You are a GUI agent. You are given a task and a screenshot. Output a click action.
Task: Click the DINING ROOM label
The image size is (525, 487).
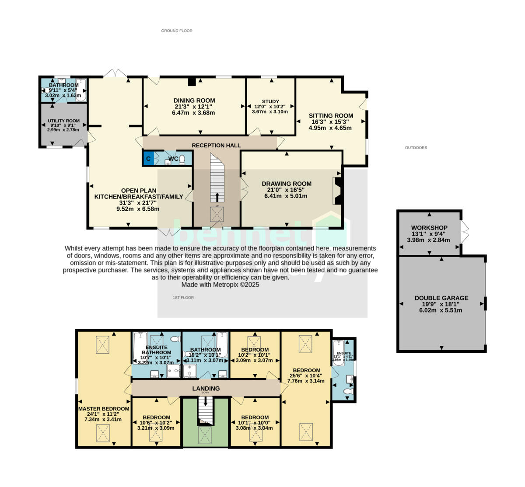pyautogui.click(x=194, y=101)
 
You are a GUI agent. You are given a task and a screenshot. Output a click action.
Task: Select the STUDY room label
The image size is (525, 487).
pyautogui.click(x=270, y=101)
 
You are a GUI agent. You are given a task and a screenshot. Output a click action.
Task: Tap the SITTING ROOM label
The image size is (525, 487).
pyautogui.click(x=331, y=116)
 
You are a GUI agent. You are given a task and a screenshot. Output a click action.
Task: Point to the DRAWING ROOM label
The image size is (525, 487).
pyautogui.click(x=287, y=184)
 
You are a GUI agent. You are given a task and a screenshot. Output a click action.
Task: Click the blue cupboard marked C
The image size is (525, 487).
pyautogui.click(x=148, y=159)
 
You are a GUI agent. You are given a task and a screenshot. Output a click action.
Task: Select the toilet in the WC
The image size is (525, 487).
pyautogui.click(x=182, y=160)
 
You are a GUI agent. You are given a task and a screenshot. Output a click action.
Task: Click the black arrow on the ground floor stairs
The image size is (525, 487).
pyautogui.click(x=217, y=196)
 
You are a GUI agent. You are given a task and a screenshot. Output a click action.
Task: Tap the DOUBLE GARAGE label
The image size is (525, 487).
pyautogui.click(x=441, y=298)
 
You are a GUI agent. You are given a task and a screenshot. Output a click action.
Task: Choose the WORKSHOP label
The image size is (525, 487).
pyautogui.click(x=429, y=228)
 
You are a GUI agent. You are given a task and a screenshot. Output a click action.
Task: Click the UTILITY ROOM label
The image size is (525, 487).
pyautogui.click(x=64, y=121)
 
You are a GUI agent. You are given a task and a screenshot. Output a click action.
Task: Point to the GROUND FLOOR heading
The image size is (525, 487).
pyautogui.click(x=177, y=31)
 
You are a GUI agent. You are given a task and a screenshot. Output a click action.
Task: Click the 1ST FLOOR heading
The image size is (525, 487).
pyautogui.click(x=183, y=298)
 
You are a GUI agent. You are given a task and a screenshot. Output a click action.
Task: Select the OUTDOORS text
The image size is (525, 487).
pyautogui.click(x=416, y=148)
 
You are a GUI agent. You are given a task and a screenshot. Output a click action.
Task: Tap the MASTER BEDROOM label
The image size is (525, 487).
pyautogui.click(x=104, y=409)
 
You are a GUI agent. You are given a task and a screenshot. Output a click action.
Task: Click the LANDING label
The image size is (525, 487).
pyautogui.click(x=206, y=388)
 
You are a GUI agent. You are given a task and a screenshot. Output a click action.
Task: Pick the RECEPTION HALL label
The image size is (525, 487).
pyautogui.click(x=216, y=145)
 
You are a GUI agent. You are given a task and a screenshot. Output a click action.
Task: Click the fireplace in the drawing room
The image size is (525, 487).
pyautogui.click(x=338, y=191)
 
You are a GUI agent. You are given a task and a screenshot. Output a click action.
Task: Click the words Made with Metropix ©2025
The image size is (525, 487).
pyautogui.click(x=220, y=285)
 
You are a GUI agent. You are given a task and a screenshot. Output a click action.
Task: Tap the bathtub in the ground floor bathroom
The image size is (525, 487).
pyautogui.click(x=81, y=90)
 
